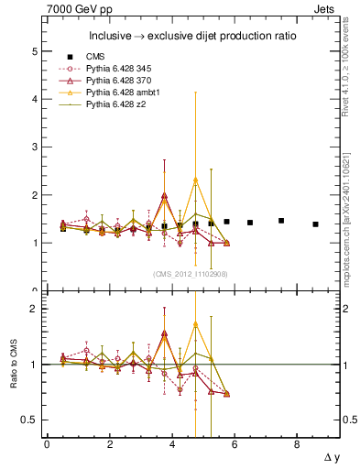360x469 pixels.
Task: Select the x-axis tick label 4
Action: [172, 444]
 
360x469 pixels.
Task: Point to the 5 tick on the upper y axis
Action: [36, 51]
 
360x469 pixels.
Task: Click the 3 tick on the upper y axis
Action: [36, 147]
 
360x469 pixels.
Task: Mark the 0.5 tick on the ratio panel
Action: [31, 420]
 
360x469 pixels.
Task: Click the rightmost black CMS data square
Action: [315, 224]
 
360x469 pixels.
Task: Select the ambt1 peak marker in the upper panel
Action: [195, 180]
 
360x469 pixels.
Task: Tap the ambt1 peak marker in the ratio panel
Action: [195, 324]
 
